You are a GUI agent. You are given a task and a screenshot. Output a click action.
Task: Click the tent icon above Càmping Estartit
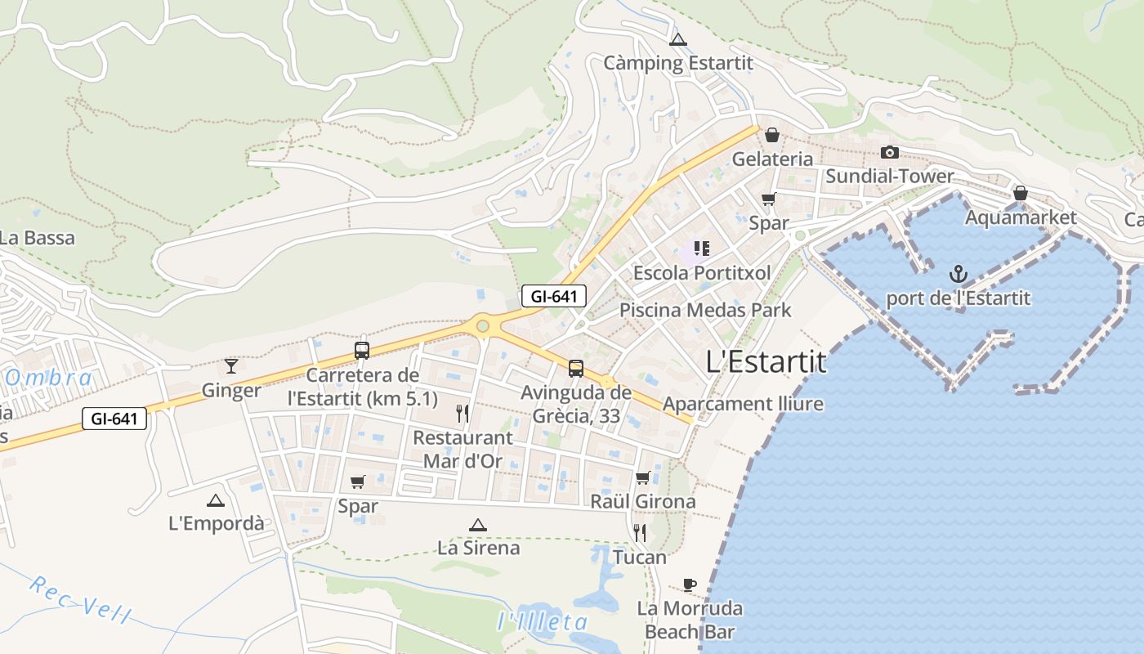click(677, 39)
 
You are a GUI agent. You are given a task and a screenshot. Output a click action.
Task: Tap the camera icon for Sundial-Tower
click(890, 152)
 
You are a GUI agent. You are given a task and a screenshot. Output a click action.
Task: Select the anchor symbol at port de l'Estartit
click(958, 274)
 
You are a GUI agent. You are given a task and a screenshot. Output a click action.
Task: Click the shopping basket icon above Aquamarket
click(1020, 193)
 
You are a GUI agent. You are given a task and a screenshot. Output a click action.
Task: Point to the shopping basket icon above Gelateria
click(771, 135)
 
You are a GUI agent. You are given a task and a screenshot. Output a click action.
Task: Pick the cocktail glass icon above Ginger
click(231, 365)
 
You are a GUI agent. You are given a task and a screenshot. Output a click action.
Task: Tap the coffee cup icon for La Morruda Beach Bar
click(690, 585)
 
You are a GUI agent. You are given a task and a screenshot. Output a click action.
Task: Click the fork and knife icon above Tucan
click(640, 533)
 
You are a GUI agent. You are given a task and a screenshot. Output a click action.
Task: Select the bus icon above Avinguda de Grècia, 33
click(576, 368)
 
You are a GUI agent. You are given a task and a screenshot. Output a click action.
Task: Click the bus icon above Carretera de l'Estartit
click(362, 351)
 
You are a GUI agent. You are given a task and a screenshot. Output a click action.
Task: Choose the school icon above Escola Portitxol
click(701, 248)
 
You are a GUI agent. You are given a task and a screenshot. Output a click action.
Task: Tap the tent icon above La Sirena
click(478, 525)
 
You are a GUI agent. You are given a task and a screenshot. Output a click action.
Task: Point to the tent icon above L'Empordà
click(216, 500)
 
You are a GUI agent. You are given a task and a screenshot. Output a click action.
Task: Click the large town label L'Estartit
click(766, 362)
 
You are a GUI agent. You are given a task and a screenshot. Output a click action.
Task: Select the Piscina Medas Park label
click(705, 311)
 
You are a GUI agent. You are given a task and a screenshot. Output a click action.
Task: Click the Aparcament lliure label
click(743, 404)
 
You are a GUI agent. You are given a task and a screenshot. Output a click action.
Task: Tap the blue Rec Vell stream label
click(79, 600)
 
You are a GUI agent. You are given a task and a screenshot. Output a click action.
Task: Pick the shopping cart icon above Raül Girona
click(643, 477)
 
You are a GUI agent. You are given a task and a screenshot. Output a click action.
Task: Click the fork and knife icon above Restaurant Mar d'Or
click(463, 414)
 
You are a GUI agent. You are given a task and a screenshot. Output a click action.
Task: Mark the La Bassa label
click(38, 239)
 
